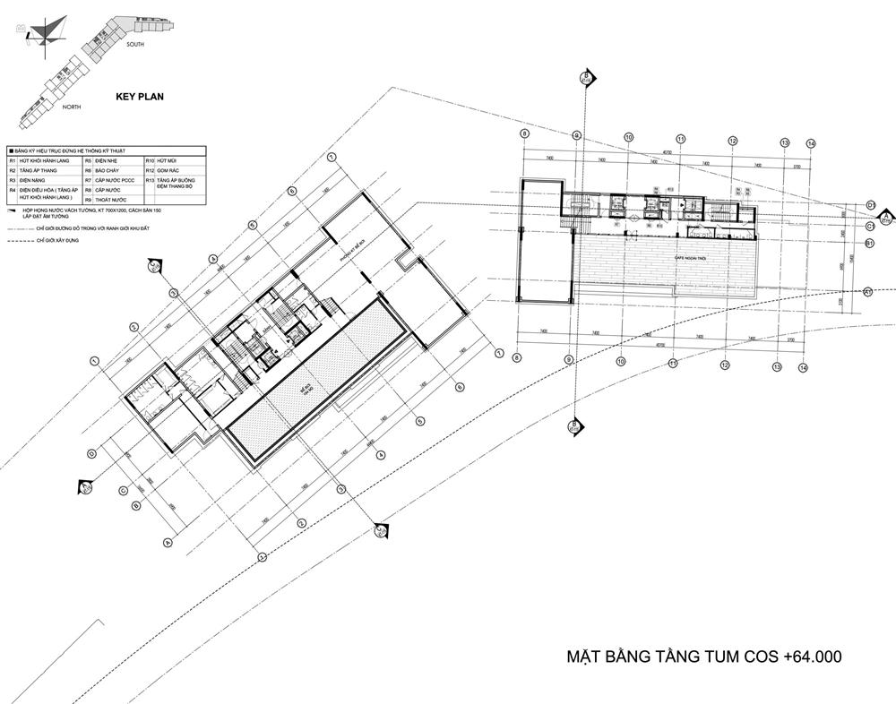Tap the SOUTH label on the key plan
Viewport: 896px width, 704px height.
click(x=135, y=44)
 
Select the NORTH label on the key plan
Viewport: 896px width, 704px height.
click(x=72, y=107)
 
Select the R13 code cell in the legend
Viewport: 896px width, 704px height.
click(x=151, y=181)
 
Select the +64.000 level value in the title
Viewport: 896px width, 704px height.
click(x=812, y=657)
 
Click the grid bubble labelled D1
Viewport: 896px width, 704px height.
click(x=870, y=205)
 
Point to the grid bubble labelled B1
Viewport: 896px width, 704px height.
click(x=869, y=243)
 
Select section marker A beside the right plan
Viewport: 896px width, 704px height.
click(x=885, y=216)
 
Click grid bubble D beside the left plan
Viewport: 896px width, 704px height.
click(x=91, y=453)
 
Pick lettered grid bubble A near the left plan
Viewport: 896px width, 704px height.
click(x=168, y=542)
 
